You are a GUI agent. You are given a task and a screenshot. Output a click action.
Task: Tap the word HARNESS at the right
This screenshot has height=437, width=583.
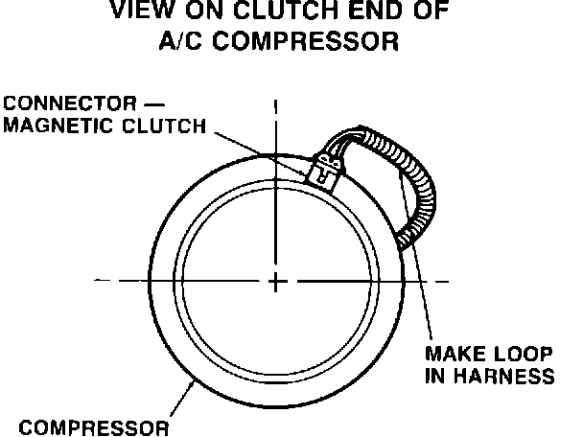tap(505, 376)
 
